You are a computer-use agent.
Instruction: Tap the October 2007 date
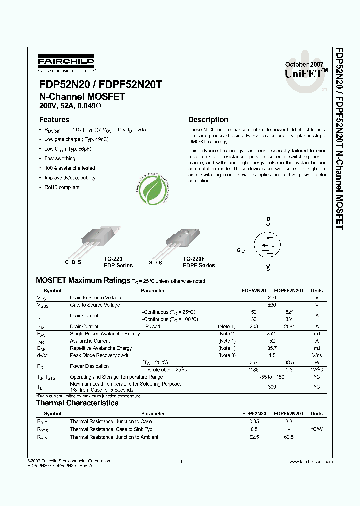point(304,65)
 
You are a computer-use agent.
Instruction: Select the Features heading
point(54,120)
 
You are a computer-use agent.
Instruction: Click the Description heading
point(208,120)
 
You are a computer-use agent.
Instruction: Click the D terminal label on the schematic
point(268,219)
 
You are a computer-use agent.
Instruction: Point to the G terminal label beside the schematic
point(239,250)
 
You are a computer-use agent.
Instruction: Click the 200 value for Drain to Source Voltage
point(272,297)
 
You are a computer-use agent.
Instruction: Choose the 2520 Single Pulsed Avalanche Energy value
point(272,333)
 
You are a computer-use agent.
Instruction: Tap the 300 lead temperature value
point(272,387)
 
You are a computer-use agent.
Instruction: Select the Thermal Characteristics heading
point(77,403)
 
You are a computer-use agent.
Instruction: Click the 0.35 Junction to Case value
point(254,421)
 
